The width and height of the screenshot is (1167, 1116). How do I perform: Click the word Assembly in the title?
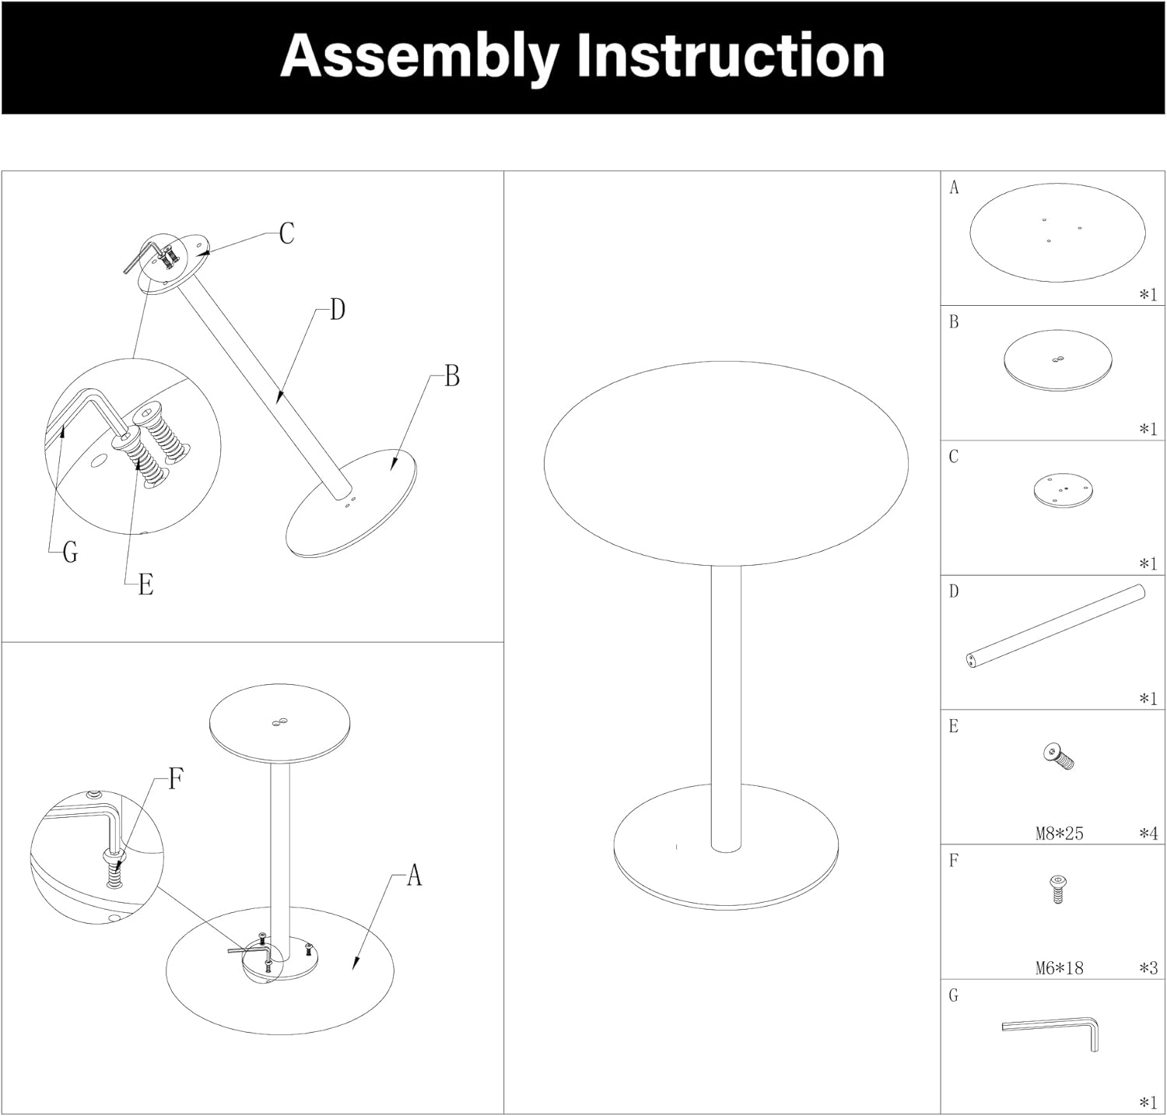(x=419, y=58)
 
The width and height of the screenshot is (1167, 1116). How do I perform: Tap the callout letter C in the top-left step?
(x=287, y=233)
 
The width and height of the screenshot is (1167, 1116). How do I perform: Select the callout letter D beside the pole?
(x=337, y=310)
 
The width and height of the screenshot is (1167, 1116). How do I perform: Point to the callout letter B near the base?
(x=452, y=376)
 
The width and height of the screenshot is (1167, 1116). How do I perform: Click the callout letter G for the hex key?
(x=70, y=553)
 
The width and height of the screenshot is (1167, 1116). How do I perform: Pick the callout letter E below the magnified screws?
(x=145, y=584)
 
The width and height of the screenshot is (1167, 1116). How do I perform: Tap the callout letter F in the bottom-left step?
(x=176, y=778)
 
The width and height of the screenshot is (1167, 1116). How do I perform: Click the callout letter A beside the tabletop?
(x=414, y=876)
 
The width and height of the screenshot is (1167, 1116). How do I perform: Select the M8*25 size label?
(x=1059, y=833)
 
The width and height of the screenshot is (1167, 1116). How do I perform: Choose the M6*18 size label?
(x=1059, y=968)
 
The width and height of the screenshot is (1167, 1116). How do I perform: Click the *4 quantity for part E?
(x=1148, y=833)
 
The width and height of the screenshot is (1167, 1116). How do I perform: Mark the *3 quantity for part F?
(x=1148, y=968)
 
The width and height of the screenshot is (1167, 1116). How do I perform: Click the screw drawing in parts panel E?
(x=1058, y=756)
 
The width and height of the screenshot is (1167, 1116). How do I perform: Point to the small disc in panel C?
(x=1063, y=492)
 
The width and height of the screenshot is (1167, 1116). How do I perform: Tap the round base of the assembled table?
(x=726, y=872)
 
